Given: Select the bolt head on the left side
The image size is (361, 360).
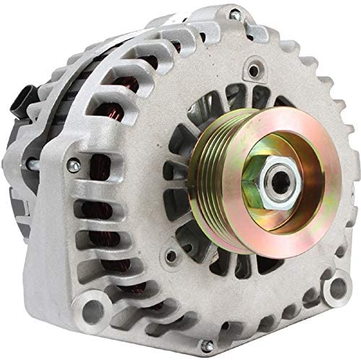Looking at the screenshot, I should (x=73, y=167).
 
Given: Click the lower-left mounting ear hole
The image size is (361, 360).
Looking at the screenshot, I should (x=93, y=312).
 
